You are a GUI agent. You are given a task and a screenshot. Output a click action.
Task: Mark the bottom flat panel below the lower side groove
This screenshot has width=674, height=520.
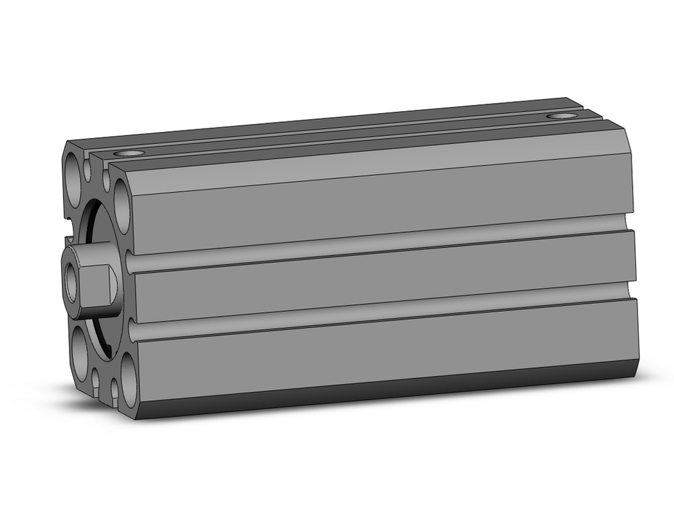[377, 354]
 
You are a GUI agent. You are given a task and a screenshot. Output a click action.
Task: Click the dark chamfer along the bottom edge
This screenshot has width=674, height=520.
[377, 397]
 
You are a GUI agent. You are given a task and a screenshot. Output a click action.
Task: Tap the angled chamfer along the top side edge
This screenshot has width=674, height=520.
[377, 162]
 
